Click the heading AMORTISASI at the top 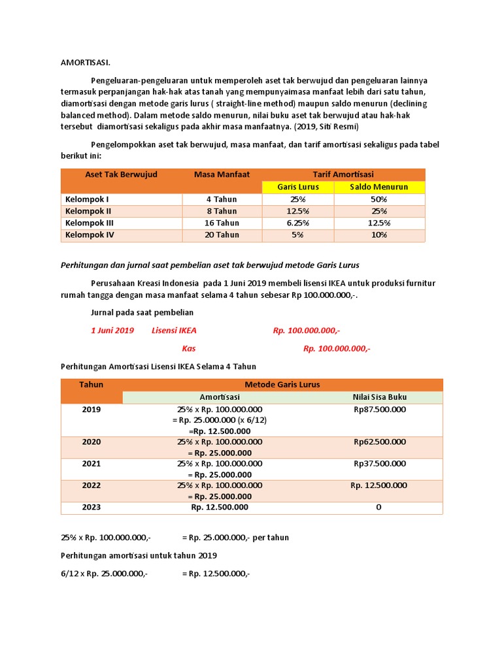[x=86, y=63]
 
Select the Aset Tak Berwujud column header [x=121, y=174]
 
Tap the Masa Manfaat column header [x=222, y=174]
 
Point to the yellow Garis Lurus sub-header [x=297, y=187]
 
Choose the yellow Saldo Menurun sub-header [x=379, y=187]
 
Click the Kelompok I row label [x=87, y=199]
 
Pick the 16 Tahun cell [x=222, y=223]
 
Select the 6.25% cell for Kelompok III [x=297, y=223]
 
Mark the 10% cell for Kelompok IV [x=379, y=235]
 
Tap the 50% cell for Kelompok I [x=379, y=199]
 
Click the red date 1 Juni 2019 [x=112, y=331]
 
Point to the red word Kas [x=189, y=349]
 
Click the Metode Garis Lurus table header [x=282, y=385]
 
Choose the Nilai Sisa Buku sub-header [x=379, y=397]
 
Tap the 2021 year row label [x=92, y=464]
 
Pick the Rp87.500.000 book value [x=379, y=410]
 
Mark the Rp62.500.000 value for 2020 [x=379, y=442]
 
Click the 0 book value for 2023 [x=378, y=508]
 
